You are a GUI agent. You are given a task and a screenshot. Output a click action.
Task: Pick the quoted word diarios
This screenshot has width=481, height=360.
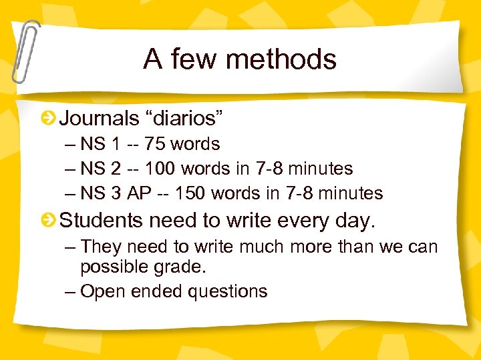point(186,119)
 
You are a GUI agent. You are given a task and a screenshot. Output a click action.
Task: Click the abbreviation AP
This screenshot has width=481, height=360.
point(140,193)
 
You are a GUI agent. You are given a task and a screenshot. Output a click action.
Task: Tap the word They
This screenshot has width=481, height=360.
point(101,247)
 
